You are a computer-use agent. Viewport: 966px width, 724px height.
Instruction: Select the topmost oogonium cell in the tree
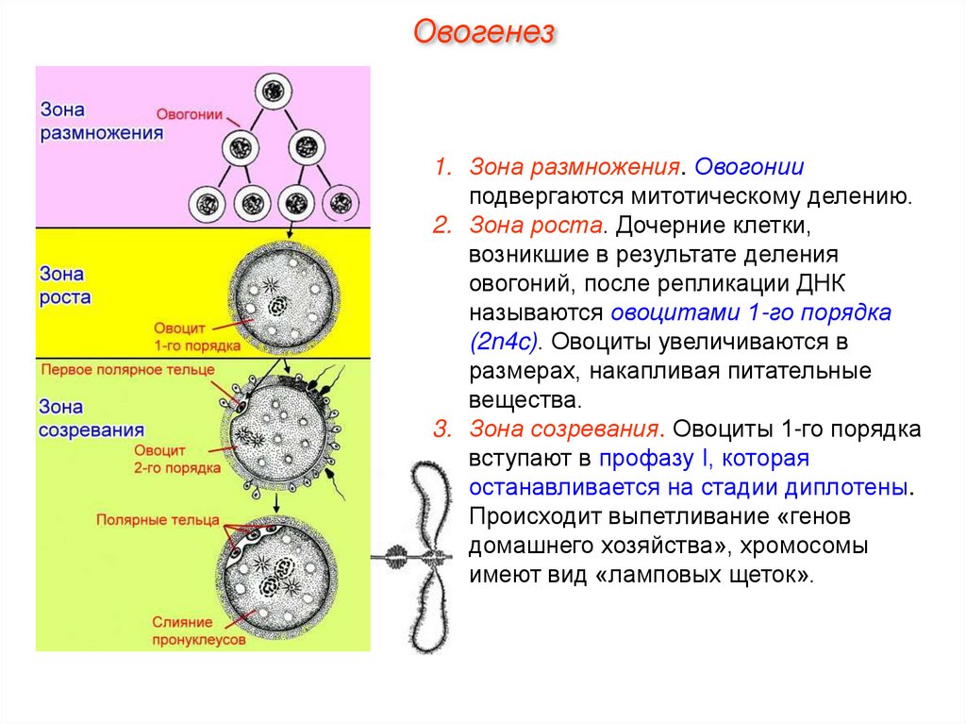point(273,92)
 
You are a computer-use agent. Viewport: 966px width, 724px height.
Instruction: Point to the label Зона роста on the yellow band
point(64,285)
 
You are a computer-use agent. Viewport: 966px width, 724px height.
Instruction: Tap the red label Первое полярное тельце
point(127,370)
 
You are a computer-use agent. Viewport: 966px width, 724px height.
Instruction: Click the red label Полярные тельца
point(158,520)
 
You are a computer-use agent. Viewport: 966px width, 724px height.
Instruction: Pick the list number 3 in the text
point(440,430)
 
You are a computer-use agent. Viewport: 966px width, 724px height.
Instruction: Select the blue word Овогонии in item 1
point(750,168)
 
